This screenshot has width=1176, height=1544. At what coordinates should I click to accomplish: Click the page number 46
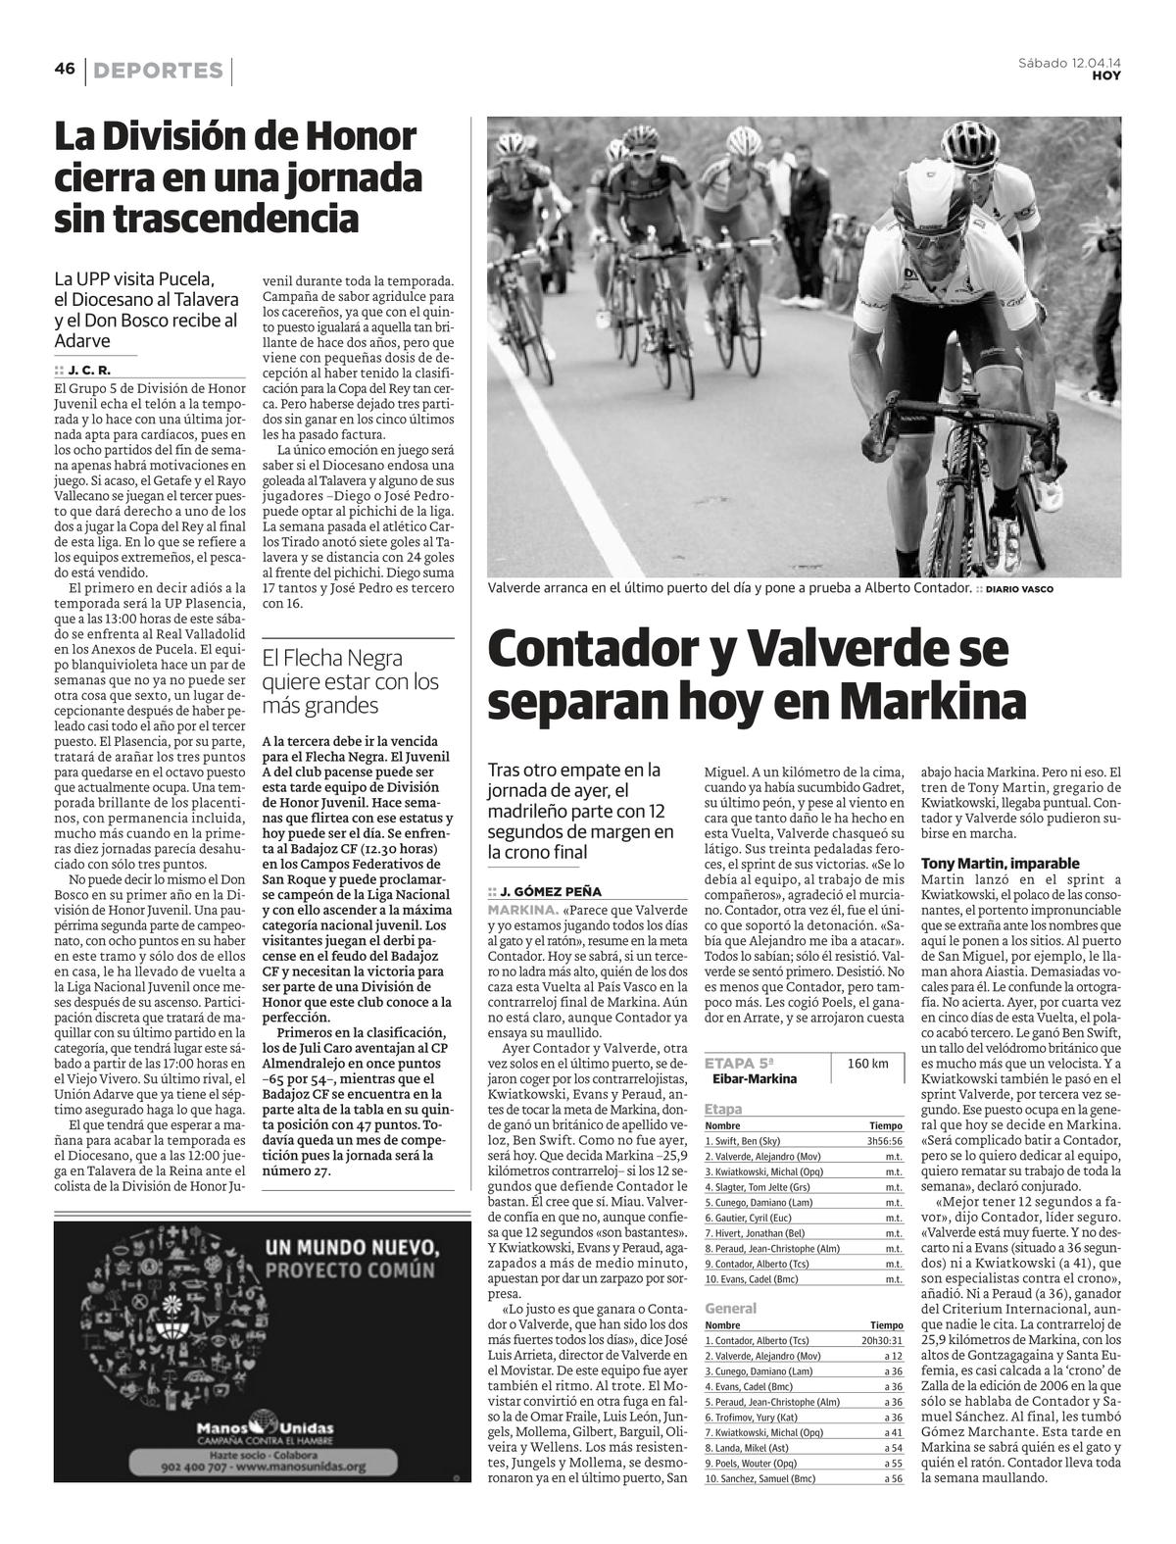pos(65,69)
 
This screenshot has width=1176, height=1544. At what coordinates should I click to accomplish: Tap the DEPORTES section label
pos(160,71)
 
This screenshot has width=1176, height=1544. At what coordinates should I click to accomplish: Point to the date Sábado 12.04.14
pos(1069,64)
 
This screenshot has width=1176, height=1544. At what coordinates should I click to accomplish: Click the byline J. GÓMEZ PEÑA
pos(551,892)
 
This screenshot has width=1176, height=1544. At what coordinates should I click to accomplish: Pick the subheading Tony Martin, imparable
pos(1000,864)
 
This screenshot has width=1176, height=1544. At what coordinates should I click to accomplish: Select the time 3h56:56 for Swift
pos(884,1141)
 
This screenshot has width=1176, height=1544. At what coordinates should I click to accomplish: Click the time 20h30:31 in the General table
pos(881,1340)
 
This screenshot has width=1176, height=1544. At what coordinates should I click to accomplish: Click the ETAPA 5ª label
pos(740,1063)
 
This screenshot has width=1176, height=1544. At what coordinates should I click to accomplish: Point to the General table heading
pos(731,1308)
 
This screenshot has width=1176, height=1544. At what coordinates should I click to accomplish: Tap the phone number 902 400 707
pos(199,1468)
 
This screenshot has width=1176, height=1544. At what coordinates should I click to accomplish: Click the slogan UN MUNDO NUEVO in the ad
pos(350,1249)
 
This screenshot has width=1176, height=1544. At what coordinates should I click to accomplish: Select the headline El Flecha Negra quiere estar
pos(350,681)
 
